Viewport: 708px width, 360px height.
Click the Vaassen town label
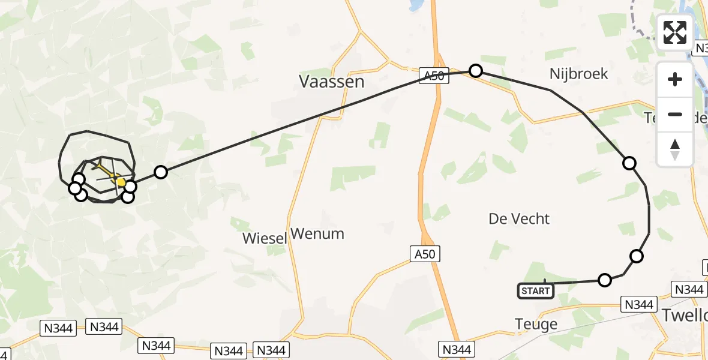(x=331, y=82)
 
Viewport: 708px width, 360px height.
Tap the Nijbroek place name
(x=578, y=74)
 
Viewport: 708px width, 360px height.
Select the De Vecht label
(x=519, y=219)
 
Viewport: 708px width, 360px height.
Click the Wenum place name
(x=317, y=233)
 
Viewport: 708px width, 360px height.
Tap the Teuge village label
(x=536, y=325)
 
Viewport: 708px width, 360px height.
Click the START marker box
(x=535, y=291)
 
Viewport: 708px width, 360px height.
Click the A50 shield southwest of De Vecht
(x=425, y=254)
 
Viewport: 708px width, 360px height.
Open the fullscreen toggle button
(x=675, y=32)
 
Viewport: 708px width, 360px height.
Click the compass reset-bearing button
(x=675, y=149)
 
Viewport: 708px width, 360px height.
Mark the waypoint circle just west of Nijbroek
(x=475, y=71)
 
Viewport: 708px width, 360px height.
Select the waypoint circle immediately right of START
(x=605, y=280)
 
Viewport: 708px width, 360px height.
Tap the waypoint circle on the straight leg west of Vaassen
(x=160, y=172)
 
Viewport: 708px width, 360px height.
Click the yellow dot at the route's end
(x=121, y=182)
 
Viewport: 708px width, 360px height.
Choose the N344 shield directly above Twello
(x=688, y=290)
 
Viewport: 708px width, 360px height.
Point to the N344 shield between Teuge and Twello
(x=638, y=305)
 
